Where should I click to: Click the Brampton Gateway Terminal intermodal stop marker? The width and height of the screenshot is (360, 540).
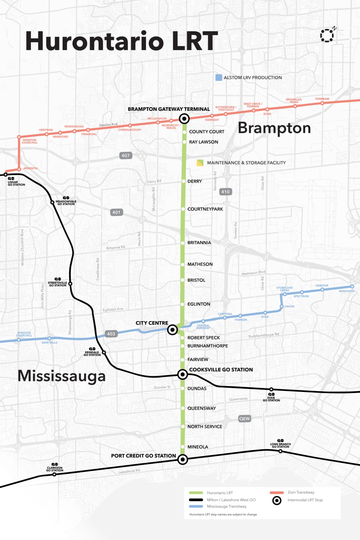click(184, 118)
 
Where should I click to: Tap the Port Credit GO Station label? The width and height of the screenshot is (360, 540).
click(143, 456)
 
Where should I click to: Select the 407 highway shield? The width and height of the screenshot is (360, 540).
click(126, 155)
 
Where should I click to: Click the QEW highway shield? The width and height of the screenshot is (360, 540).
click(245, 419)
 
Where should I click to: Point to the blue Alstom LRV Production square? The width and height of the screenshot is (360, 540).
click(219, 78)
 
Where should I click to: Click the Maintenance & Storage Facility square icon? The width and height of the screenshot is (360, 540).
click(200, 163)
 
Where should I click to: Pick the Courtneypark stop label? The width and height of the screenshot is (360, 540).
click(205, 209)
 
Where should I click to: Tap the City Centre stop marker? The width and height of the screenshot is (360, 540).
click(172, 330)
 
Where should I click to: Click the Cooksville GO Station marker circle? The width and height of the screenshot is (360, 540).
click(182, 375)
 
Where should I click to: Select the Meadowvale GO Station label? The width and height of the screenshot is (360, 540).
click(66, 202)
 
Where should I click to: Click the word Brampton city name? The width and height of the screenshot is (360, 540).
click(274, 128)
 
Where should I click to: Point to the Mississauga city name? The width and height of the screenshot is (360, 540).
click(62, 376)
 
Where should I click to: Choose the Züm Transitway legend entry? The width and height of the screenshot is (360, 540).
click(301, 493)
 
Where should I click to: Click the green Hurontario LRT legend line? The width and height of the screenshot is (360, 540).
click(196, 493)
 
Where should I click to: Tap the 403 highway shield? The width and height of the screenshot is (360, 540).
click(111, 334)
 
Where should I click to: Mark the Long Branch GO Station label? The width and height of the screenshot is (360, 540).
click(281, 445)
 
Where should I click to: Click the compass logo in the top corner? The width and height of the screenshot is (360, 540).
click(327, 35)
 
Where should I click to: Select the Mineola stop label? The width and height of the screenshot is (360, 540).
click(198, 447)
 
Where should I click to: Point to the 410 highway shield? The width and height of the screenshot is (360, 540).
click(225, 191)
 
